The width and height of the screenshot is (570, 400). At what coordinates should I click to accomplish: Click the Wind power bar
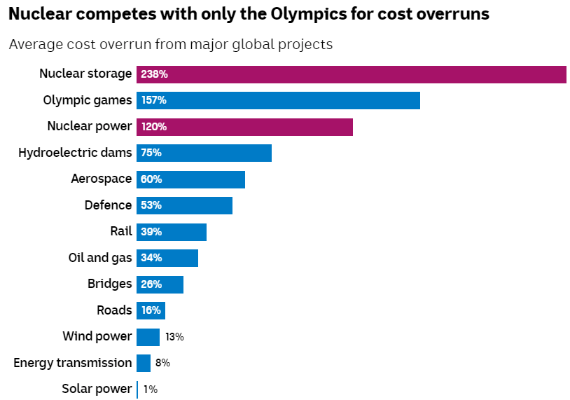click(148, 337)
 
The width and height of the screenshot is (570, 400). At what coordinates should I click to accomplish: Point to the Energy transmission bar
click(144, 363)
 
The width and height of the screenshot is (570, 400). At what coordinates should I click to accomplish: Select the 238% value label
click(154, 74)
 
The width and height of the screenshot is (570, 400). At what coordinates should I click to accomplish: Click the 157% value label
click(153, 100)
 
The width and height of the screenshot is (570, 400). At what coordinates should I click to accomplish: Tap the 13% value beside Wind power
click(174, 337)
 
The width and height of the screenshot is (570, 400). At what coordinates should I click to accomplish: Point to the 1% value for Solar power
click(151, 389)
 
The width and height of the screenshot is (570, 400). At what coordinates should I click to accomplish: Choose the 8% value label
click(162, 363)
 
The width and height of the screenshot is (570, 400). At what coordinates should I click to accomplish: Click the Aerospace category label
click(101, 179)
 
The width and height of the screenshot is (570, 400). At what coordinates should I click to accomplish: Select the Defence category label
click(108, 205)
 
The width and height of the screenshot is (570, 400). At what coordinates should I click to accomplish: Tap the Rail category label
click(120, 231)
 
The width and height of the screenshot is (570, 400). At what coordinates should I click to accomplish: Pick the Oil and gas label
click(99, 258)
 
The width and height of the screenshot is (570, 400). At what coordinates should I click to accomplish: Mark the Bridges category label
click(109, 284)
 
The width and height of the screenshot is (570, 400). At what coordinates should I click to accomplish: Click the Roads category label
click(114, 310)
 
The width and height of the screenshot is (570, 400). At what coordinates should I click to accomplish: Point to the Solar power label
click(97, 389)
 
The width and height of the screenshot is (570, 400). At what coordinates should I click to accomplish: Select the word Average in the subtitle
click(34, 45)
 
